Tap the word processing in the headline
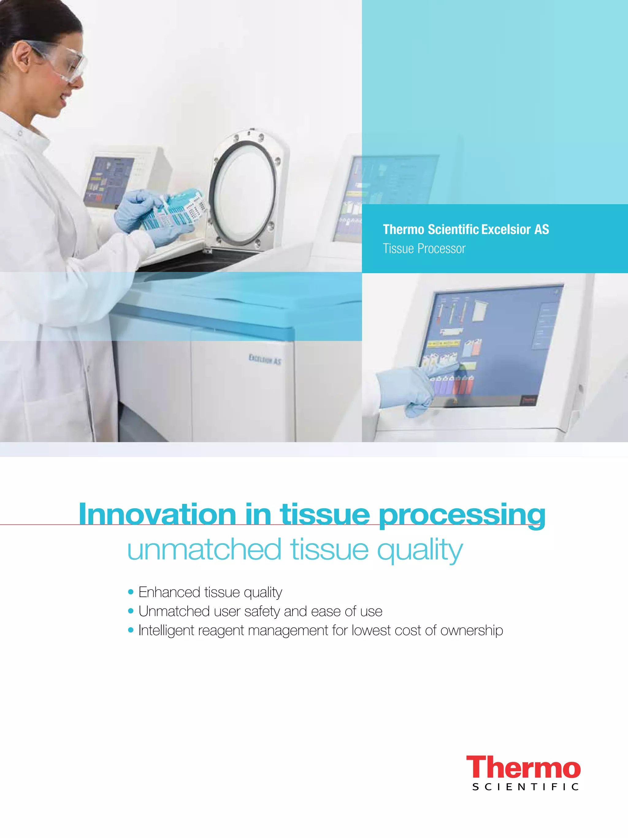tap(462, 515)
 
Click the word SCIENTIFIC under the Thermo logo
tap(525, 787)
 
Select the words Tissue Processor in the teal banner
tap(424, 249)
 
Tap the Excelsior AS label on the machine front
tap(265, 359)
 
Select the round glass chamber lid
tap(244, 193)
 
